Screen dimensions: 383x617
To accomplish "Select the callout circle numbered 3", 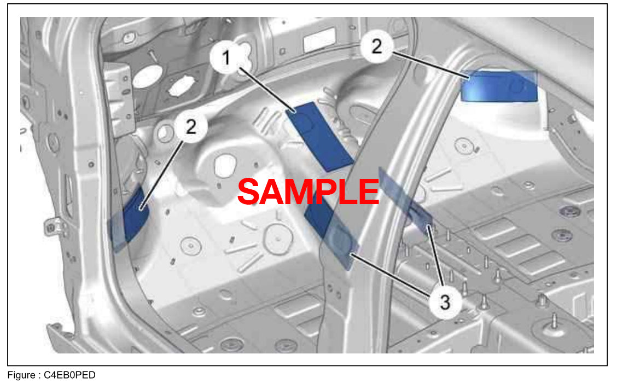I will click(445, 301).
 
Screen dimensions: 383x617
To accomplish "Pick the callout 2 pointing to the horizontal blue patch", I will click(377, 47).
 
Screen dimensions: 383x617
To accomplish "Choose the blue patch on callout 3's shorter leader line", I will click(408, 200).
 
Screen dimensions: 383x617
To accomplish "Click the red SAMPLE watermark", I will click(308, 192).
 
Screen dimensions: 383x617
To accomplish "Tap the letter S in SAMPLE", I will click(251, 192).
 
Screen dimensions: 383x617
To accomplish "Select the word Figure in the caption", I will click(21, 375).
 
